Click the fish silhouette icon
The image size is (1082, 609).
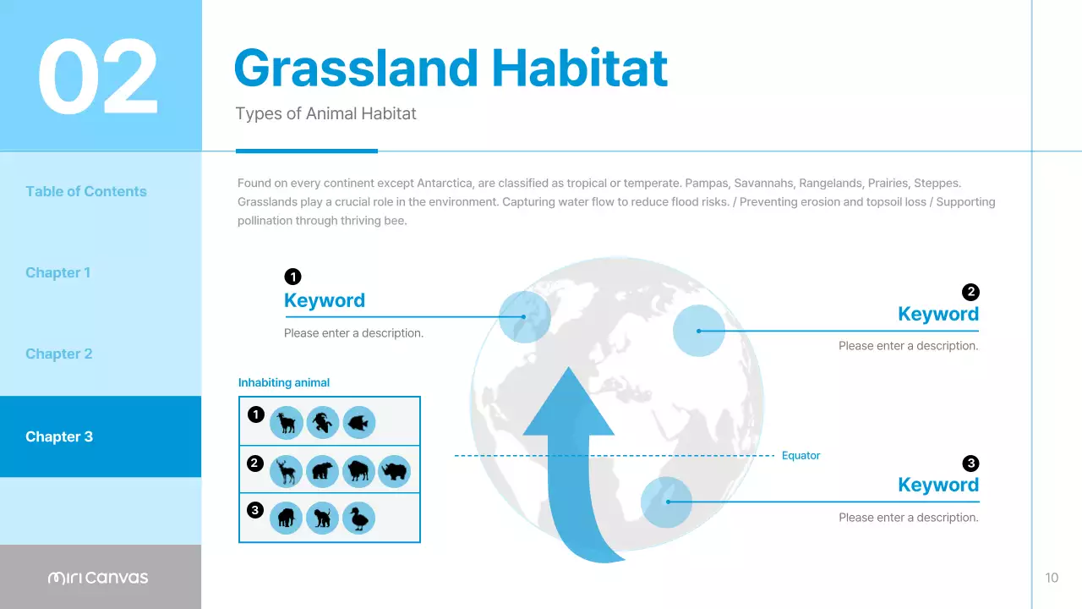click(x=359, y=422)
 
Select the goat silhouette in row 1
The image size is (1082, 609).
click(x=287, y=422)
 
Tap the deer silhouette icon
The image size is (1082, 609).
click(x=287, y=470)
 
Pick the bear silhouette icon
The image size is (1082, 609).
click(x=323, y=470)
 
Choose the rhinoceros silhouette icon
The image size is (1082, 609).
click(x=395, y=470)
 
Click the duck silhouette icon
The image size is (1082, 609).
click(x=359, y=518)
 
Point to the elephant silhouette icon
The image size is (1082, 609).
click(x=287, y=518)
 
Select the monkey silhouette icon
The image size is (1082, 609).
click(x=323, y=518)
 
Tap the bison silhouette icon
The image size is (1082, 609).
click(x=359, y=470)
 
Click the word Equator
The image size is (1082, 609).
click(x=801, y=456)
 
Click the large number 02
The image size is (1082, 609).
click(x=98, y=77)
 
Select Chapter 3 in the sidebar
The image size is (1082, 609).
click(x=59, y=436)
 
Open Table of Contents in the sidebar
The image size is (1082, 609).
click(x=86, y=191)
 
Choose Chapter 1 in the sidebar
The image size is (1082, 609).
click(x=57, y=272)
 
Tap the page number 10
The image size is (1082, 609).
click(x=1052, y=578)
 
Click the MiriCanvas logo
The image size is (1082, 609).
click(x=98, y=578)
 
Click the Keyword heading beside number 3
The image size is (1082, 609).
click(x=937, y=485)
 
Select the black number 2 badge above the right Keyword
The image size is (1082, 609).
click(x=970, y=292)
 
